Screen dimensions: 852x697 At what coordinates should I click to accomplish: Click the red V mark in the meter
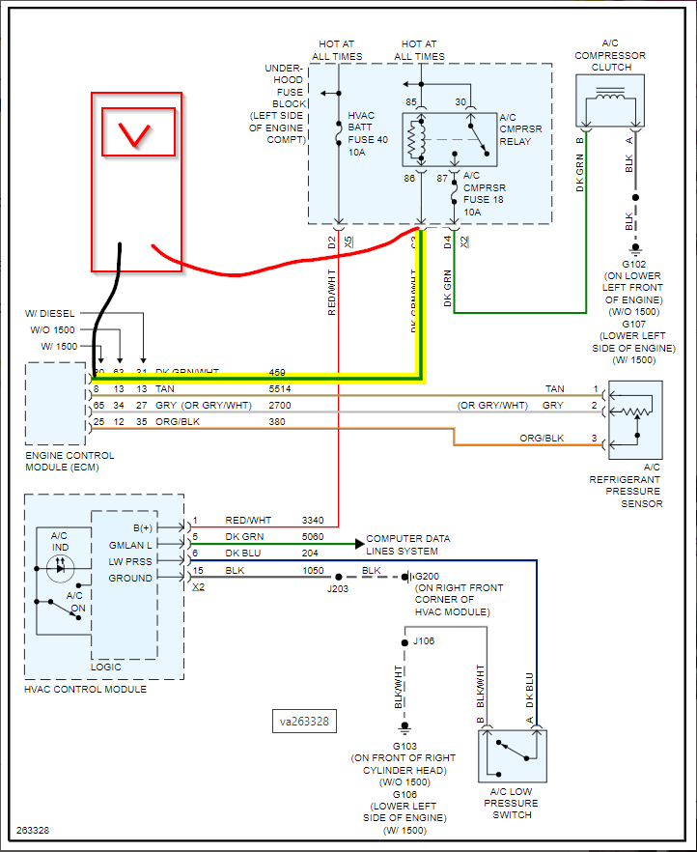point(137,134)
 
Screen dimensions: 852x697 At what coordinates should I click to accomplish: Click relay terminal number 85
point(411,101)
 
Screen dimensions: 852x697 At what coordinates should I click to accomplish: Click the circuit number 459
point(277,372)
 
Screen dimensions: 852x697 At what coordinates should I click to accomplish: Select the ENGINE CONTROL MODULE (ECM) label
point(70,461)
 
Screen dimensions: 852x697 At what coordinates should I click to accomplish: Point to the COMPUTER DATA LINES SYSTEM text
point(407,545)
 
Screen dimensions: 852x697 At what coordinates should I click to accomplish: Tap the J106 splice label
point(425,639)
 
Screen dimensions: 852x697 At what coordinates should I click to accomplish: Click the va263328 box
point(304,720)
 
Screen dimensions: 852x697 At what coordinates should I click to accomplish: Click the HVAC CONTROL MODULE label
point(85,689)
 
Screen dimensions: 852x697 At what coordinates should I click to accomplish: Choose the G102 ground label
point(633,262)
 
